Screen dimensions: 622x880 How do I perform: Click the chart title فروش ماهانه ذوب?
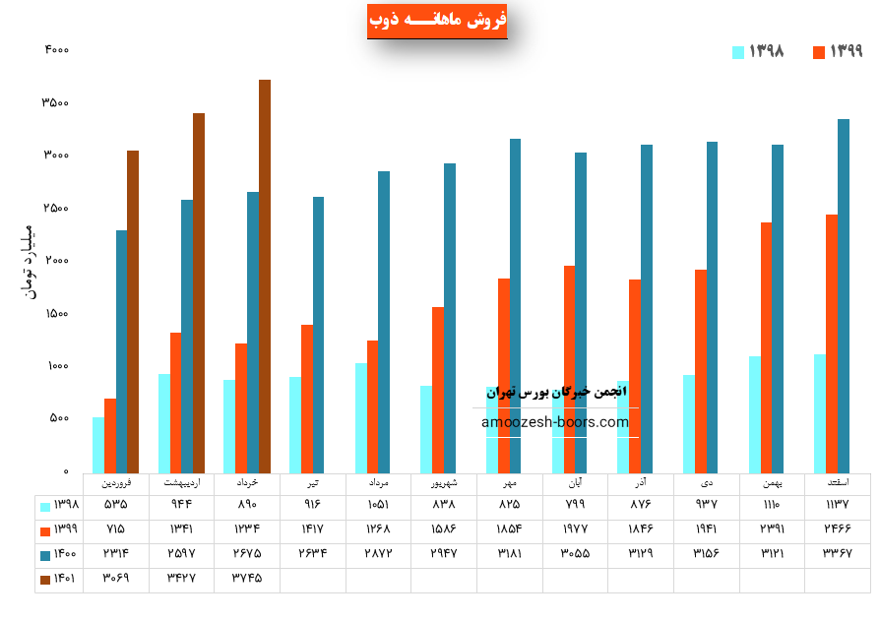[x=437, y=20]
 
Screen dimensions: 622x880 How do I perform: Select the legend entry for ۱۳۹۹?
[x=837, y=51]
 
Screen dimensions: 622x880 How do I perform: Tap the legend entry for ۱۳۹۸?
[x=757, y=51]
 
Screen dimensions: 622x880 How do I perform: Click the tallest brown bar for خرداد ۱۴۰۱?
[x=265, y=276]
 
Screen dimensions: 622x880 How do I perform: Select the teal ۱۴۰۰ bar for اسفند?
[x=844, y=295]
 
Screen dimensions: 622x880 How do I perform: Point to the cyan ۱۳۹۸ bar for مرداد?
[x=361, y=417]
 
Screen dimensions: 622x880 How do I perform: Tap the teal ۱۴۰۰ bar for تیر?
[x=318, y=335]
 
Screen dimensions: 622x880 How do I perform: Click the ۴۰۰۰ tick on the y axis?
[x=56, y=50]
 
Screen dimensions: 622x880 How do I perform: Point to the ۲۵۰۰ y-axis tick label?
[x=56, y=209]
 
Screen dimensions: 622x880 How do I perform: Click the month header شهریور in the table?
[x=443, y=483]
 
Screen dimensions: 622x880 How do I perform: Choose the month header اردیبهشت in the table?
[x=181, y=483]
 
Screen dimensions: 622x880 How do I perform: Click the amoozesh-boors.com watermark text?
[x=555, y=422]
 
